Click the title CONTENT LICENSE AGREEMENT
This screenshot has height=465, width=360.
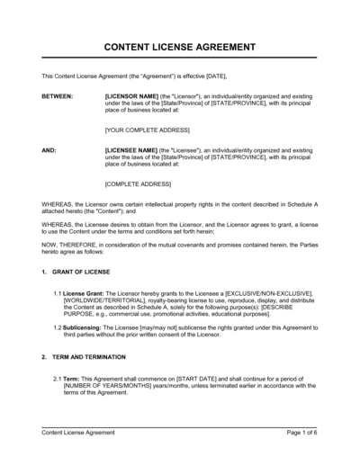coord(180,47)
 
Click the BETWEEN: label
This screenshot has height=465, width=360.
coord(58,94)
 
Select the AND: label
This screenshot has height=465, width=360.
coord(49,151)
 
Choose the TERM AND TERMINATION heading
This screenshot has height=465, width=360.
coord(91,355)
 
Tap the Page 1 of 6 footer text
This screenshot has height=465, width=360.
coord(302,433)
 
